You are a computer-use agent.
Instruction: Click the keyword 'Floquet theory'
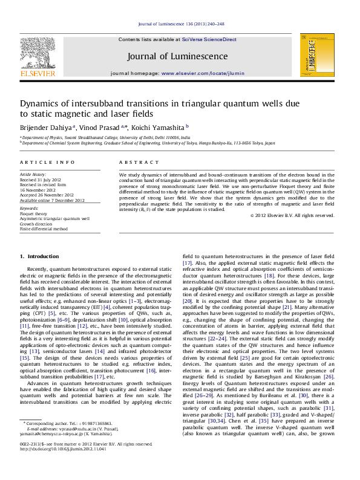click(x=33, y=213)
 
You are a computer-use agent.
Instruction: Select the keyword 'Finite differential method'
click(x=44, y=229)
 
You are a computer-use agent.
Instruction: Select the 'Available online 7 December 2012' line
click(x=52, y=200)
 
